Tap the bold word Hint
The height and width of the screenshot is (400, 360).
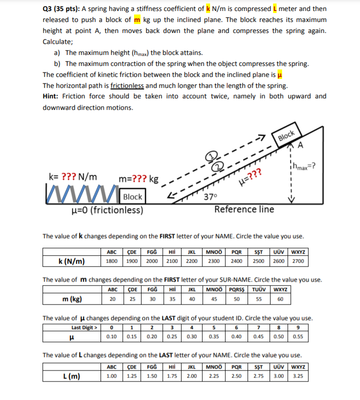52,96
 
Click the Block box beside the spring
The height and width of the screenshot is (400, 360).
132,197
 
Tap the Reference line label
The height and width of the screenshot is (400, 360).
244,209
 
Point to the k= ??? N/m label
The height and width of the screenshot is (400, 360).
73,176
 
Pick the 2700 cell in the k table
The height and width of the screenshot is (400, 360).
298,261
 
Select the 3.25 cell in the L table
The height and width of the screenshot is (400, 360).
298,375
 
